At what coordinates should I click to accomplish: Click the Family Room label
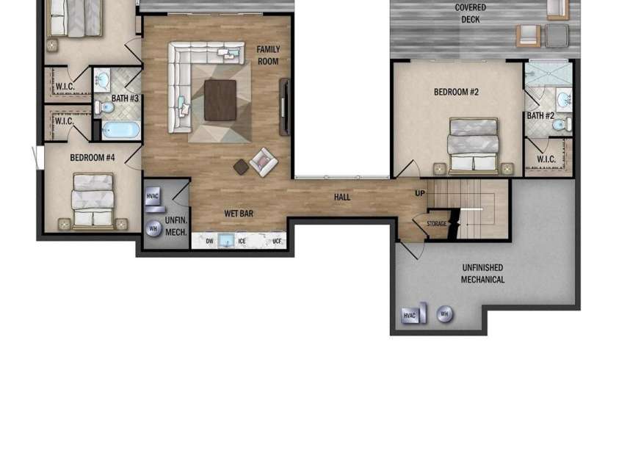[x=268, y=55]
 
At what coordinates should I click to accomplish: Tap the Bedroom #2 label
[x=456, y=92]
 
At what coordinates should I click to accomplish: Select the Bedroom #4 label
[x=93, y=157]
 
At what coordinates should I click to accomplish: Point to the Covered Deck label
[x=470, y=13]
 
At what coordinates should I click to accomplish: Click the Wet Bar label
[x=239, y=214]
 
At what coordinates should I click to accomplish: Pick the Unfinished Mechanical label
[x=482, y=273]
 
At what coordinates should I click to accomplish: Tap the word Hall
[x=342, y=197]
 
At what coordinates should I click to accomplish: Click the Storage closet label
[x=436, y=223]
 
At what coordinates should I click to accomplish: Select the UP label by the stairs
[x=420, y=193]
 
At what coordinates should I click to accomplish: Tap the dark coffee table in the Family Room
[x=220, y=100]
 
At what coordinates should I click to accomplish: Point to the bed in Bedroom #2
[x=473, y=145]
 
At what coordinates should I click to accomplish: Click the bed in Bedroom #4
[x=93, y=200]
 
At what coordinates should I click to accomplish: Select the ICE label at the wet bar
[x=242, y=241]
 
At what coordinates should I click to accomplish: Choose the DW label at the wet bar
[x=209, y=241]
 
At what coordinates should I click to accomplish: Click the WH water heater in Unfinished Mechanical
[x=444, y=315]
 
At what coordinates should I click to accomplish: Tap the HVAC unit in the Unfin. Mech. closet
[x=153, y=198]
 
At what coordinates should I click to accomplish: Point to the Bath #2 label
[x=540, y=115]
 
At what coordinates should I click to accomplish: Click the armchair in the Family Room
[x=264, y=162]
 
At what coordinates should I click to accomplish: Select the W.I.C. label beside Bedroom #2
[x=546, y=159]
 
